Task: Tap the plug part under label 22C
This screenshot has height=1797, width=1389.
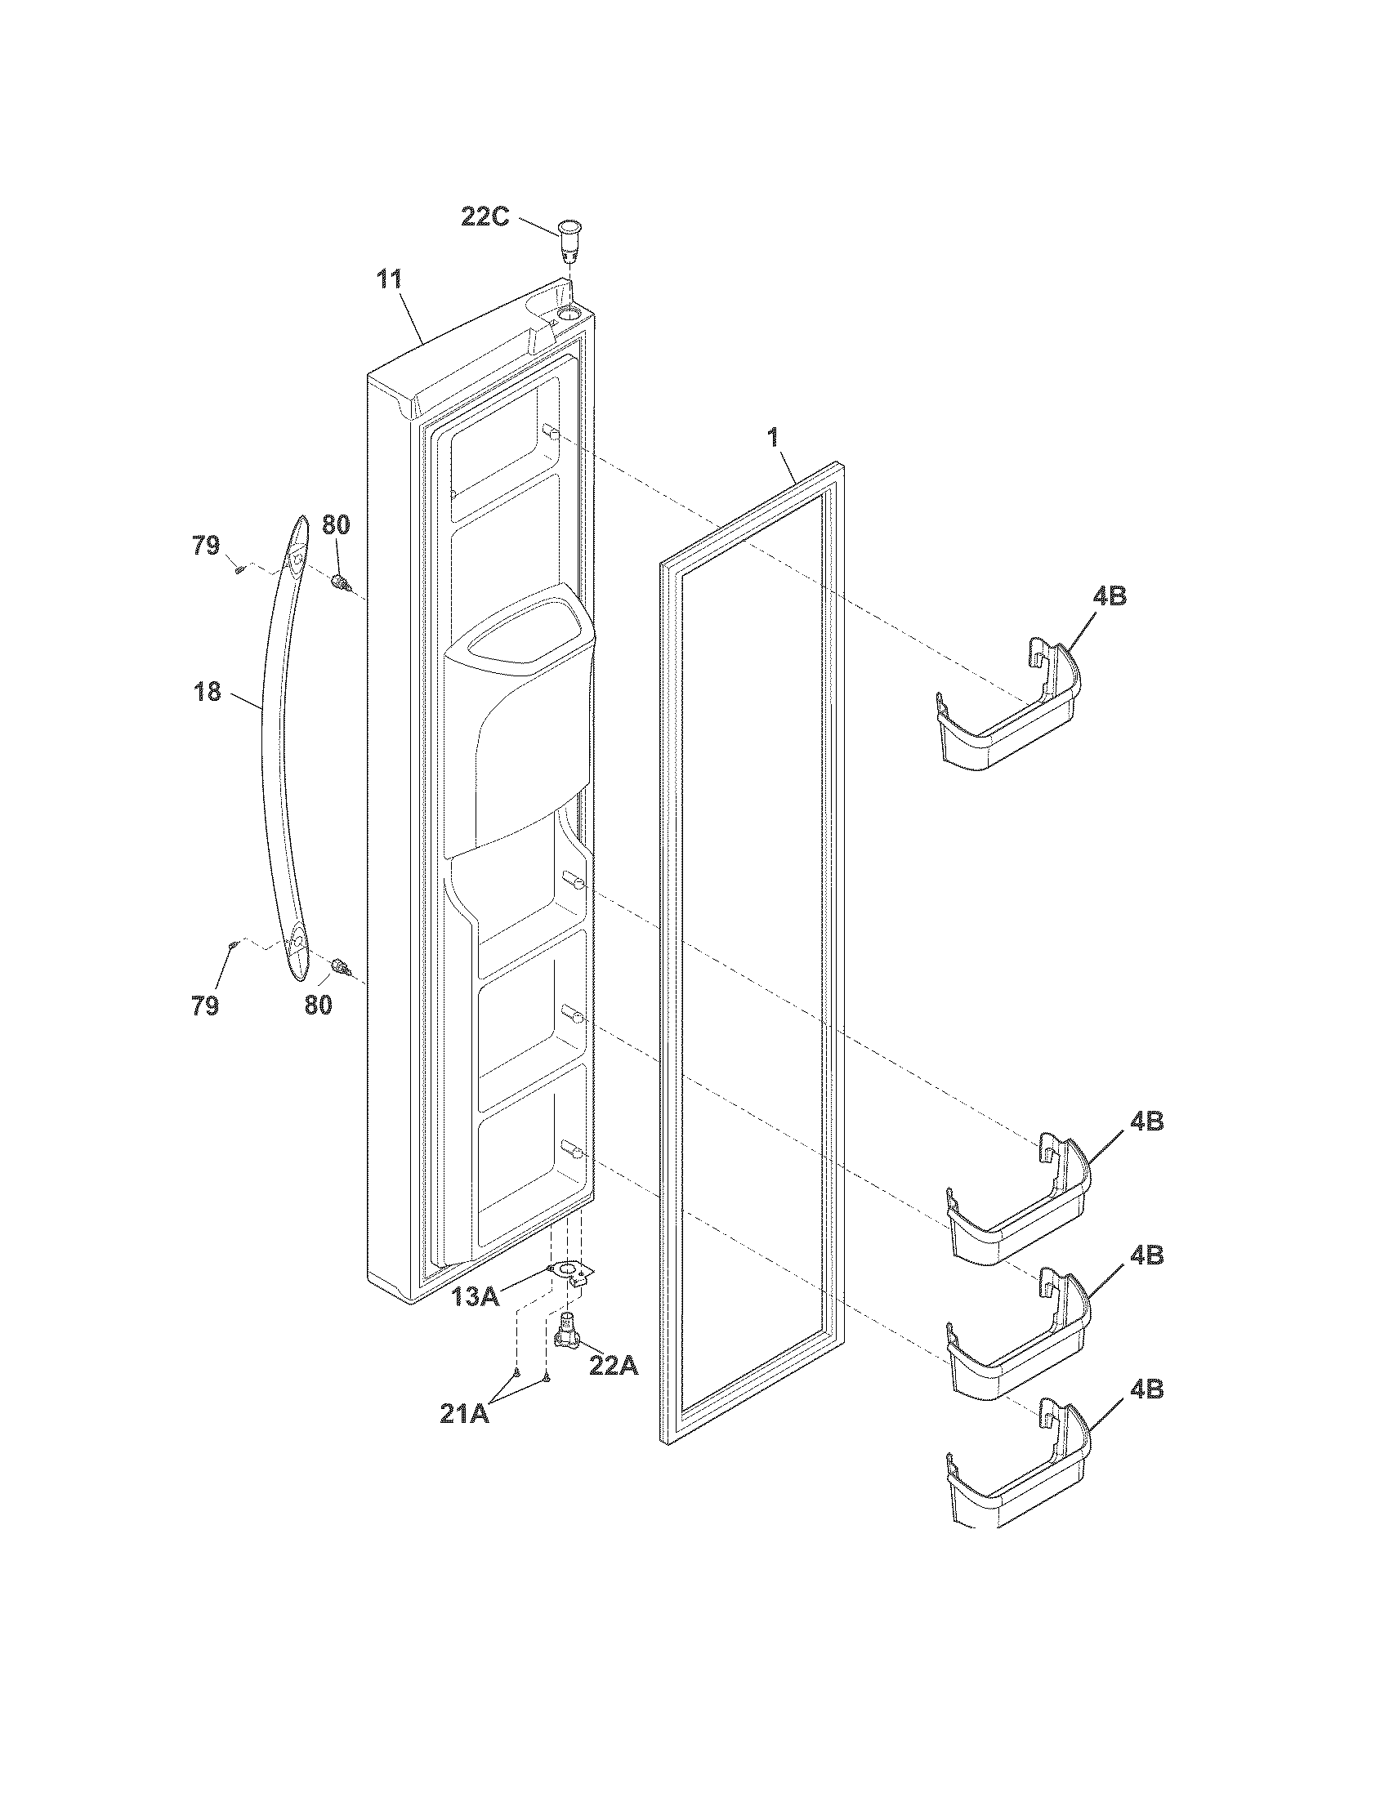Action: click(x=567, y=239)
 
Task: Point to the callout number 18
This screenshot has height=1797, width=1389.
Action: click(x=208, y=692)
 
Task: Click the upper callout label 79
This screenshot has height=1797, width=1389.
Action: click(x=207, y=545)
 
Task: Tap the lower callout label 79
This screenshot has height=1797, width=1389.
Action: click(x=206, y=1005)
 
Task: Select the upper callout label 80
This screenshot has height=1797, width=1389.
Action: click(x=335, y=525)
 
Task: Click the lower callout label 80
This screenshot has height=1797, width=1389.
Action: click(x=319, y=1005)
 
